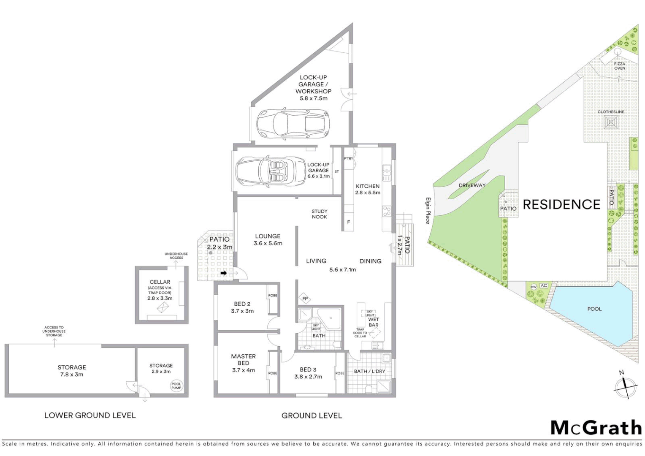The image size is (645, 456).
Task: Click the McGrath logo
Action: pyautogui.click(x=596, y=428)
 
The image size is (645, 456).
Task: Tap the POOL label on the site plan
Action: pyautogui.click(x=594, y=309)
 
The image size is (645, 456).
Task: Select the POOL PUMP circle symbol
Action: pyautogui.click(x=176, y=386)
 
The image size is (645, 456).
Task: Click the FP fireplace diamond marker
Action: pyautogui.click(x=305, y=299)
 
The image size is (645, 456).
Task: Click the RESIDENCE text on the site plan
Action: pyautogui.click(x=561, y=205)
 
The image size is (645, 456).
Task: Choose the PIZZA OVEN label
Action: pyautogui.click(x=619, y=66)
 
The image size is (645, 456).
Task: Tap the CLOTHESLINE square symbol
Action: pyautogui.click(x=611, y=122)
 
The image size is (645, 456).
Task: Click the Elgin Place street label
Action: pyautogui.click(x=428, y=211)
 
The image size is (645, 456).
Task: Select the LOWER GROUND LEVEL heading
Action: pyautogui.click(x=90, y=415)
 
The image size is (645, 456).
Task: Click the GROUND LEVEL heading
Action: pyautogui.click(x=312, y=416)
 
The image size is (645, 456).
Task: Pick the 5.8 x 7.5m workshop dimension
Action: pyautogui.click(x=313, y=98)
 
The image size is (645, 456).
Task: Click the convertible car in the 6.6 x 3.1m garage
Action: pyautogui.click(x=270, y=171)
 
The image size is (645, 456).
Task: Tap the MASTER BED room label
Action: pyautogui.click(x=243, y=360)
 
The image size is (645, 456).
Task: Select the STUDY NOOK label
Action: pyautogui.click(x=320, y=214)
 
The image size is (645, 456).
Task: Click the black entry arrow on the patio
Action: pyautogui.click(x=224, y=273)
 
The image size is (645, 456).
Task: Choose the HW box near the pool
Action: pyautogui.click(x=534, y=287)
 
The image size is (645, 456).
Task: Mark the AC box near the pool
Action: pyautogui.click(x=544, y=286)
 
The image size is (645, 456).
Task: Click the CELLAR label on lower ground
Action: pyautogui.click(x=160, y=282)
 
